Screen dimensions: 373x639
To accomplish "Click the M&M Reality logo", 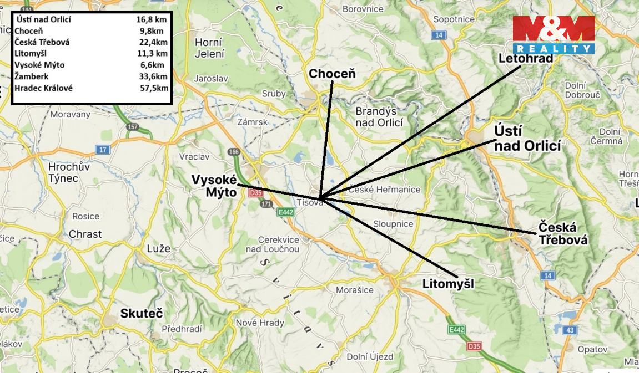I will coord(553,34).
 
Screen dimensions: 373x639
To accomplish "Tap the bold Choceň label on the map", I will coord(332,74).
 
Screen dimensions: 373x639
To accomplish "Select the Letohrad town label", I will coord(526,58).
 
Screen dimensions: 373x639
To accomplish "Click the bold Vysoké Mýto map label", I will coord(214,186).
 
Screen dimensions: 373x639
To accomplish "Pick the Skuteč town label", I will coord(142,314).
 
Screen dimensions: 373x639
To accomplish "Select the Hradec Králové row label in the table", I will coord(43,88).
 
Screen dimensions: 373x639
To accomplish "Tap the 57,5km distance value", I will coord(153,88).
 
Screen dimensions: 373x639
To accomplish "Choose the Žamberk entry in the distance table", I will coord(32,76).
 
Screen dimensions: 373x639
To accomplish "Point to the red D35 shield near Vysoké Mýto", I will coord(255,193).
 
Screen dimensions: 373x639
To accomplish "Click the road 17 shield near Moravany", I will coord(103,150).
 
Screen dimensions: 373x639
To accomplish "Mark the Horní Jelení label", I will coord(209,48).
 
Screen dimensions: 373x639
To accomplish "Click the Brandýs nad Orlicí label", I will coord(379,116).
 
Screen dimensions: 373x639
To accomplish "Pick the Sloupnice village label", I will coord(393,224).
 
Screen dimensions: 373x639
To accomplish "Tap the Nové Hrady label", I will coord(260,323).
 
